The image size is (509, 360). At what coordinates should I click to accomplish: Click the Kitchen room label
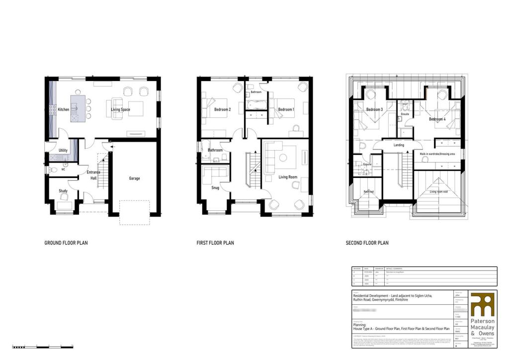pos(64,109)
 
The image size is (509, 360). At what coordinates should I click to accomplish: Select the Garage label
pos(134,179)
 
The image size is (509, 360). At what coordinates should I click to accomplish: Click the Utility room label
pos(63,150)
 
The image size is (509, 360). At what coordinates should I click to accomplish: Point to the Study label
pos(63,191)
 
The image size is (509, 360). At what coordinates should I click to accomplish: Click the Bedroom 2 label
pos(222,109)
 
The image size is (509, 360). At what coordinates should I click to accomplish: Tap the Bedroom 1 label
pos(286,109)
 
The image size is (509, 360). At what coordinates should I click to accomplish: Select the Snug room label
pos(215,188)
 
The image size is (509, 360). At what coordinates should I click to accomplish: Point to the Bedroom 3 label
pos(374,109)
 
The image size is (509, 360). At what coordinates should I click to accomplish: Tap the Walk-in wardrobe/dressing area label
pos(438,154)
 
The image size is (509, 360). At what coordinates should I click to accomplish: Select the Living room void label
pos(439,191)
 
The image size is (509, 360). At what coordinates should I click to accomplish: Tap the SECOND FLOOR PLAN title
pos(367,243)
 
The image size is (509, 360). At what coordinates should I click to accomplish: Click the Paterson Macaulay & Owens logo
pos(482,314)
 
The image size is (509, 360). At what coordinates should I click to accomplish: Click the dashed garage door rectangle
pos(134,213)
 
